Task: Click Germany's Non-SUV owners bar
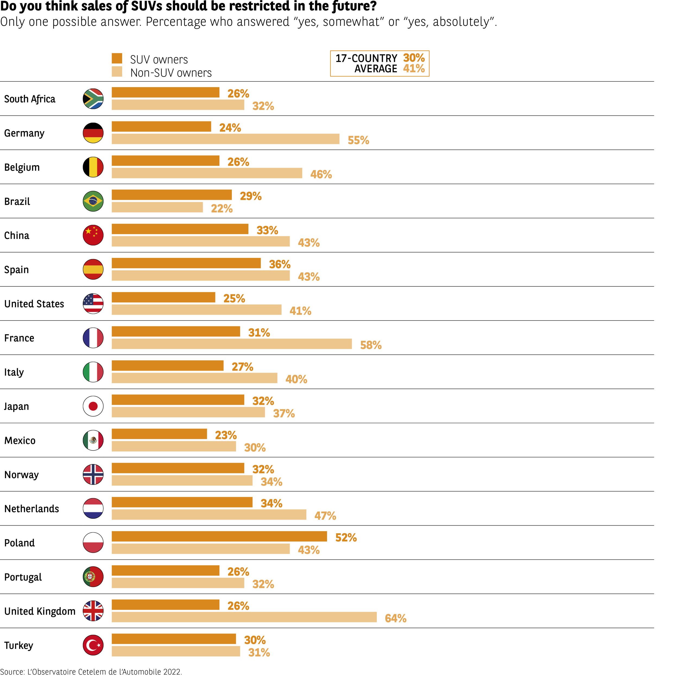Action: coord(225,139)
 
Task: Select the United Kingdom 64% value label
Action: coord(395,618)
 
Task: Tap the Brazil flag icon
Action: coord(93,201)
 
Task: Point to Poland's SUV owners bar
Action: coord(219,536)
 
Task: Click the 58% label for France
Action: coord(371,345)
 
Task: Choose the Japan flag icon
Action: coord(93,406)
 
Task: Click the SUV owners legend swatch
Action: coord(117,58)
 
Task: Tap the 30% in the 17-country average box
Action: coord(414,58)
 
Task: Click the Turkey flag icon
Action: coord(93,645)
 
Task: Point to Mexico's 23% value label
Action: coord(226,435)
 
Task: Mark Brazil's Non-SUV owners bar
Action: coord(157,207)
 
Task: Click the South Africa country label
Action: coord(30,99)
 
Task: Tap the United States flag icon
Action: coord(93,304)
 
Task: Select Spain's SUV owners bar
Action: coord(186,263)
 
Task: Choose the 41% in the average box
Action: coord(414,68)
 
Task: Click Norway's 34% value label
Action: coord(271,482)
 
